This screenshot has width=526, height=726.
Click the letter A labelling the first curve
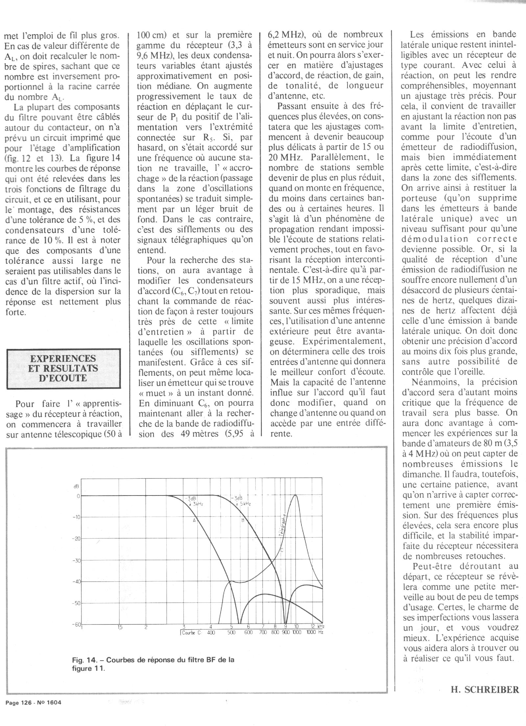point(194,520)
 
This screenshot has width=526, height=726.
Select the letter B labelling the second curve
point(243,520)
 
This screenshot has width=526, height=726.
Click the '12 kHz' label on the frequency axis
point(316,627)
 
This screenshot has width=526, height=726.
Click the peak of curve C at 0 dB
point(296,495)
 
